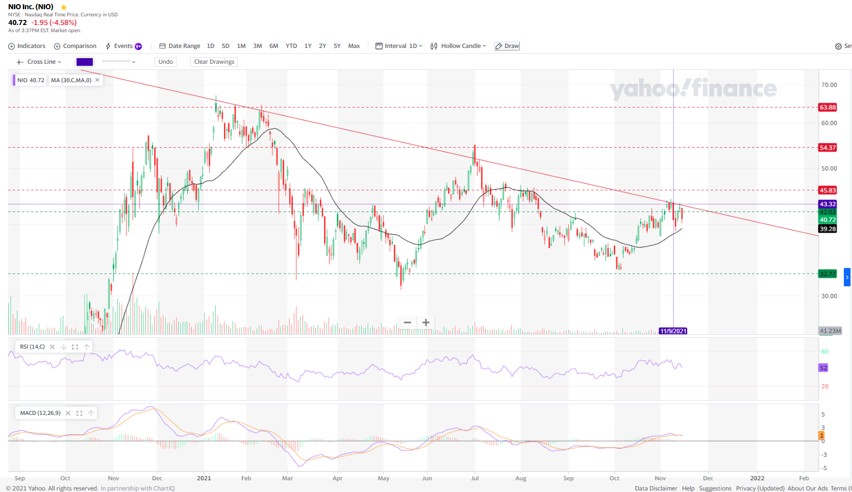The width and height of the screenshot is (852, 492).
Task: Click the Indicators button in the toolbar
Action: (x=27, y=46)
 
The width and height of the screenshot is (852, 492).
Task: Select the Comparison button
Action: (x=76, y=46)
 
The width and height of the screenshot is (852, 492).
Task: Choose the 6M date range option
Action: (x=273, y=46)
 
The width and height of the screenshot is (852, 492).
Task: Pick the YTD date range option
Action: (x=291, y=46)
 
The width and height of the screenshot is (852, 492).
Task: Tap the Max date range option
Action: (x=354, y=46)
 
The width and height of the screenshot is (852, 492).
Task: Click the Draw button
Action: (x=507, y=46)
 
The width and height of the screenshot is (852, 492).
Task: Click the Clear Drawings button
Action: (x=214, y=62)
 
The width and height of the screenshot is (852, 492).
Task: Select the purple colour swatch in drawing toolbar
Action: (x=85, y=62)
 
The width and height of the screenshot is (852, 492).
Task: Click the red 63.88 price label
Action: (x=828, y=107)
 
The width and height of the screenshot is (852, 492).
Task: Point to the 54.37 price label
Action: (x=828, y=147)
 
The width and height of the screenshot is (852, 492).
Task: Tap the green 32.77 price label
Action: (x=828, y=274)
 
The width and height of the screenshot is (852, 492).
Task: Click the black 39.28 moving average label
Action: (x=828, y=229)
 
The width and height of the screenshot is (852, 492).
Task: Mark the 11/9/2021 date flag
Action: (x=673, y=331)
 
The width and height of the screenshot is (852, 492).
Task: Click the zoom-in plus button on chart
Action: (x=426, y=323)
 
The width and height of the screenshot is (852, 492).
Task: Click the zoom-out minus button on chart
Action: (x=407, y=323)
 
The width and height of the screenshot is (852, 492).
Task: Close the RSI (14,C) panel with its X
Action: (x=52, y=347)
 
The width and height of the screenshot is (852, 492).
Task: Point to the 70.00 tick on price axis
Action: (x=829, y=85)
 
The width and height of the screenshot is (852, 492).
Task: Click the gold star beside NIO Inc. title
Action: (x=64, y=7)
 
